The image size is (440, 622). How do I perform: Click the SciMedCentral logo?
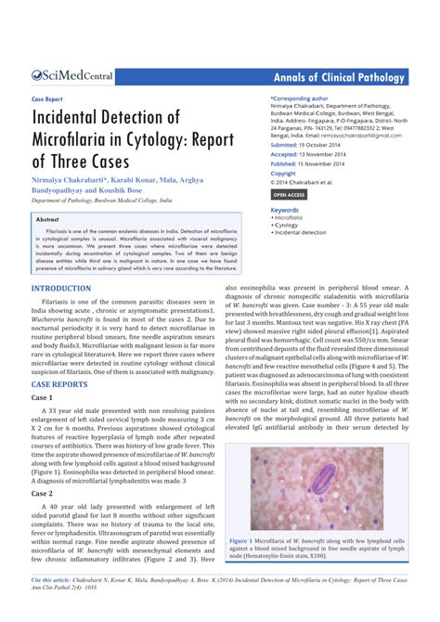(x=74, y=79)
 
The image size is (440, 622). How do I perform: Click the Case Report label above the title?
(x=46, y=98)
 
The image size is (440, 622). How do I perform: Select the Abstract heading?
(x=46, y=219)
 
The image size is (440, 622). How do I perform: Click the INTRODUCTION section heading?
(x=61, y=289)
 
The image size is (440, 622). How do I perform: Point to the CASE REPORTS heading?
(x=60, y=383)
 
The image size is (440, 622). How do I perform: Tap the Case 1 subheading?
(x=43, y=397)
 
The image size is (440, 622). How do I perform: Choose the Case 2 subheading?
(x=43, y=494)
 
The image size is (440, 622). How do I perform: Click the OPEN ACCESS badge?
(x=289, y=195)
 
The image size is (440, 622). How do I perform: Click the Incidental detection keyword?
(x=301, y=232)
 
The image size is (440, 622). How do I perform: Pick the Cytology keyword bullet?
(x=288, y=225)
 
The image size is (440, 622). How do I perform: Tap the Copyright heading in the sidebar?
(x=283, y=173)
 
